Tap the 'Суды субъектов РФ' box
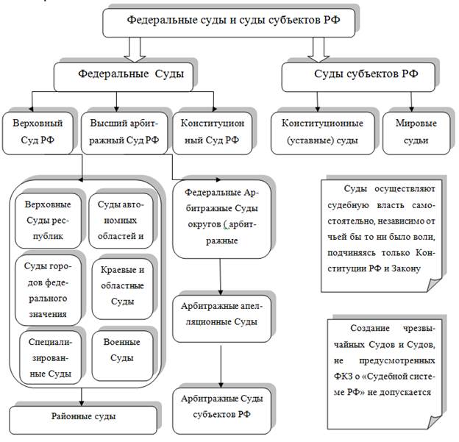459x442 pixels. pos(357,74)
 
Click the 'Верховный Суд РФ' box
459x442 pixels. pos(38,130)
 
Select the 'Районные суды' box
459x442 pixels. pos(83,416)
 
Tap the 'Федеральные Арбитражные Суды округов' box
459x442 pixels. pos(221,218)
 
